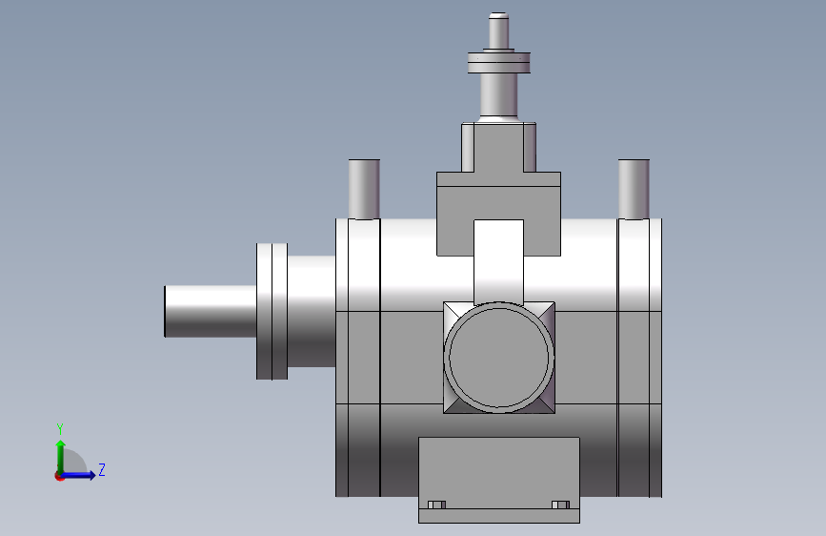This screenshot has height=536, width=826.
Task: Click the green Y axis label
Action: pos(60,428)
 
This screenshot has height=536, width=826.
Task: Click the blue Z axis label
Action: pos(102,469)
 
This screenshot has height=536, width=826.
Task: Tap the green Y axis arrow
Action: pos(61,457)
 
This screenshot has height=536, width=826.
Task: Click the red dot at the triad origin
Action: pos(59,476)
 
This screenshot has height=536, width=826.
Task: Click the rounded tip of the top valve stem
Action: pos(498,16)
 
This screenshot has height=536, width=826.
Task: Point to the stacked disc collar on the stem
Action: pos(499,62)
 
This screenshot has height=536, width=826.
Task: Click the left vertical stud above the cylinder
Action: pos(364,189)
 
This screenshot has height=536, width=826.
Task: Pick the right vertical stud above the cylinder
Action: pos(634,189)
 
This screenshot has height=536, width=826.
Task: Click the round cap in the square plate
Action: pos(499,357)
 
